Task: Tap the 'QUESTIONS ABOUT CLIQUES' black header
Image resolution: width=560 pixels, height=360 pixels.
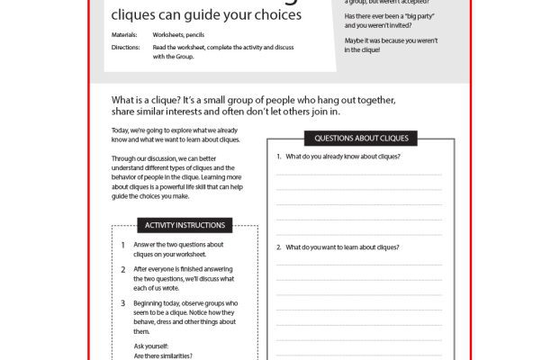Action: click(x=360, y=139)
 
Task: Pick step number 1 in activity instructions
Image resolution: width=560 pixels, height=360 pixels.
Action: click(x=122, y=245)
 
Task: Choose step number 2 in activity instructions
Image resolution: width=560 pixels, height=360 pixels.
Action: click(x=122, y=269)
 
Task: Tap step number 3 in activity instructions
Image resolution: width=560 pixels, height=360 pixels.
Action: click(x=122, y=303)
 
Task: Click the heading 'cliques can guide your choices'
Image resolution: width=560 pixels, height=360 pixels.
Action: click(x=205, y=15)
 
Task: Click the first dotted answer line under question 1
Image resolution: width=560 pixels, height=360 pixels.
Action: click(x=358, y=175)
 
